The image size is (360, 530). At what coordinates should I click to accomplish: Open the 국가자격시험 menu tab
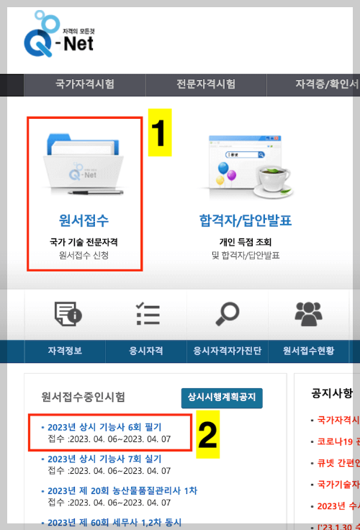point(85,84)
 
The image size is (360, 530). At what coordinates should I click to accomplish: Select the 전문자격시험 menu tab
point(206,84)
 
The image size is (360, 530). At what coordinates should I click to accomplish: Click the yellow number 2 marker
point(207,434)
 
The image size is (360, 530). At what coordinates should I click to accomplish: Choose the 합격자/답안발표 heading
point(245,220)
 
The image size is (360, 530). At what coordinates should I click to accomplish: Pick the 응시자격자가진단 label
point(227,351)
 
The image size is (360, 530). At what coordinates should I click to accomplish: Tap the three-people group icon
point(308,315)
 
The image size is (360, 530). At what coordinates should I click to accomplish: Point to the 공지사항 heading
point(332,393)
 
